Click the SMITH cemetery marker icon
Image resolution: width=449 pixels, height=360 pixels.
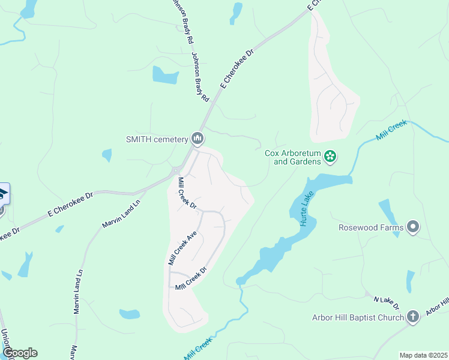(x=197, y=139)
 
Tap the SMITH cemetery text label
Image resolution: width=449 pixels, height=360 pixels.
(x=157, y=139)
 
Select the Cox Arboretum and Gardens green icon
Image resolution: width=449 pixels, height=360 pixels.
(x=330, y=157)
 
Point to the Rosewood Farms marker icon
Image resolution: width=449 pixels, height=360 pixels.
(x=412, y=227)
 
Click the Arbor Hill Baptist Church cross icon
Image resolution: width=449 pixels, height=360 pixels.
(x=412, y=317)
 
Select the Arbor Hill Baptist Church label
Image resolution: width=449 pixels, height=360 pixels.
(x=358, y=317)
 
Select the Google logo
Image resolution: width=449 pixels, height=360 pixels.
(x=20, y=353)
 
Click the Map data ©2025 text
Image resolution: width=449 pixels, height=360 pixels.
(x=423, y=355)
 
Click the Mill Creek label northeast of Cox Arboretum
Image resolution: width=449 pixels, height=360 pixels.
(x=391, y=130)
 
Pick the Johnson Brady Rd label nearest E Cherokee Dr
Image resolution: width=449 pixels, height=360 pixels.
(x=200, y=76)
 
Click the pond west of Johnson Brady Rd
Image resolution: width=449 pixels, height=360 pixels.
(x=165, y=75)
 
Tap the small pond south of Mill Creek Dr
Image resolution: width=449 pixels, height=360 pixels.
(x=130, y=314)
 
